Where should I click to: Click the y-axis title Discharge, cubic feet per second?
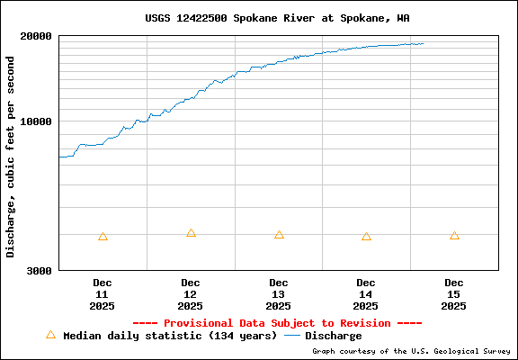click(x=11, y=157)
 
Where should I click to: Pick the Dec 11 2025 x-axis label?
click(x=102, y=294)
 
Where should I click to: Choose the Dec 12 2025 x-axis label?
click(x=191, y=294)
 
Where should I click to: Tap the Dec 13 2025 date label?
click(x=279, y=294)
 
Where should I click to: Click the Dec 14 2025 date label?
click(x=366, y=294)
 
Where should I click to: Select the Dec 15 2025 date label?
click(x=454, y=294)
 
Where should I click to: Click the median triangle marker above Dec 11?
click(x=103, y=237)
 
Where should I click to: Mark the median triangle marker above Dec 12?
click(x=191, y=233)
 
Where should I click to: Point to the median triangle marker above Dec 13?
click(x=279, y=235)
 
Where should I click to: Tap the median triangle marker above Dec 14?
click(x=366, y=237)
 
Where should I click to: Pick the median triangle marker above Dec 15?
click(x=454, y=236)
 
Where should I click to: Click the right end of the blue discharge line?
click(x=423, y=43)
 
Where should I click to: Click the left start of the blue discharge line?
click(x=59, y=157)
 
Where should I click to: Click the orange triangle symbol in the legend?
click(x=50, y=335)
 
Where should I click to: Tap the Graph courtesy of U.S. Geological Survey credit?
click(x=411, y=351)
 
